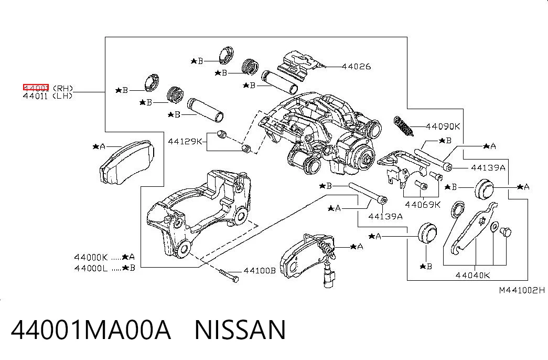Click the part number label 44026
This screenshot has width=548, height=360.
tap(356, 66)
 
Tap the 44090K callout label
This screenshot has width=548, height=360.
tap(443, 126)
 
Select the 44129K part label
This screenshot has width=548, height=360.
tap(185, 141)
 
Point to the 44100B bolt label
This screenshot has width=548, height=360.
tap(260, 270)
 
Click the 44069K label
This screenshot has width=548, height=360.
tap(423, 205)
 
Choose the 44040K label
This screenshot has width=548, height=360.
tap(472, 276)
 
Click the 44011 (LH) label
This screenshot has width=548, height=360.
tap(48, 96)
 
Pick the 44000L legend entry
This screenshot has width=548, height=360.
tap(104, 268)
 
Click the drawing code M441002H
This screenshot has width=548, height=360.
tap(522, 290)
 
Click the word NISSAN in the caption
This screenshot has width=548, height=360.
tap(240, 330)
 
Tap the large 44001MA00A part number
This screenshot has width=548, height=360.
tap(91, 330)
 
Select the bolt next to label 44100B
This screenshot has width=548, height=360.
tap(229, 275)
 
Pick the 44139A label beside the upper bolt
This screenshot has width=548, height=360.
tap(488, 167)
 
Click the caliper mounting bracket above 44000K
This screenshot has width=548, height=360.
tap(199, 214)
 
